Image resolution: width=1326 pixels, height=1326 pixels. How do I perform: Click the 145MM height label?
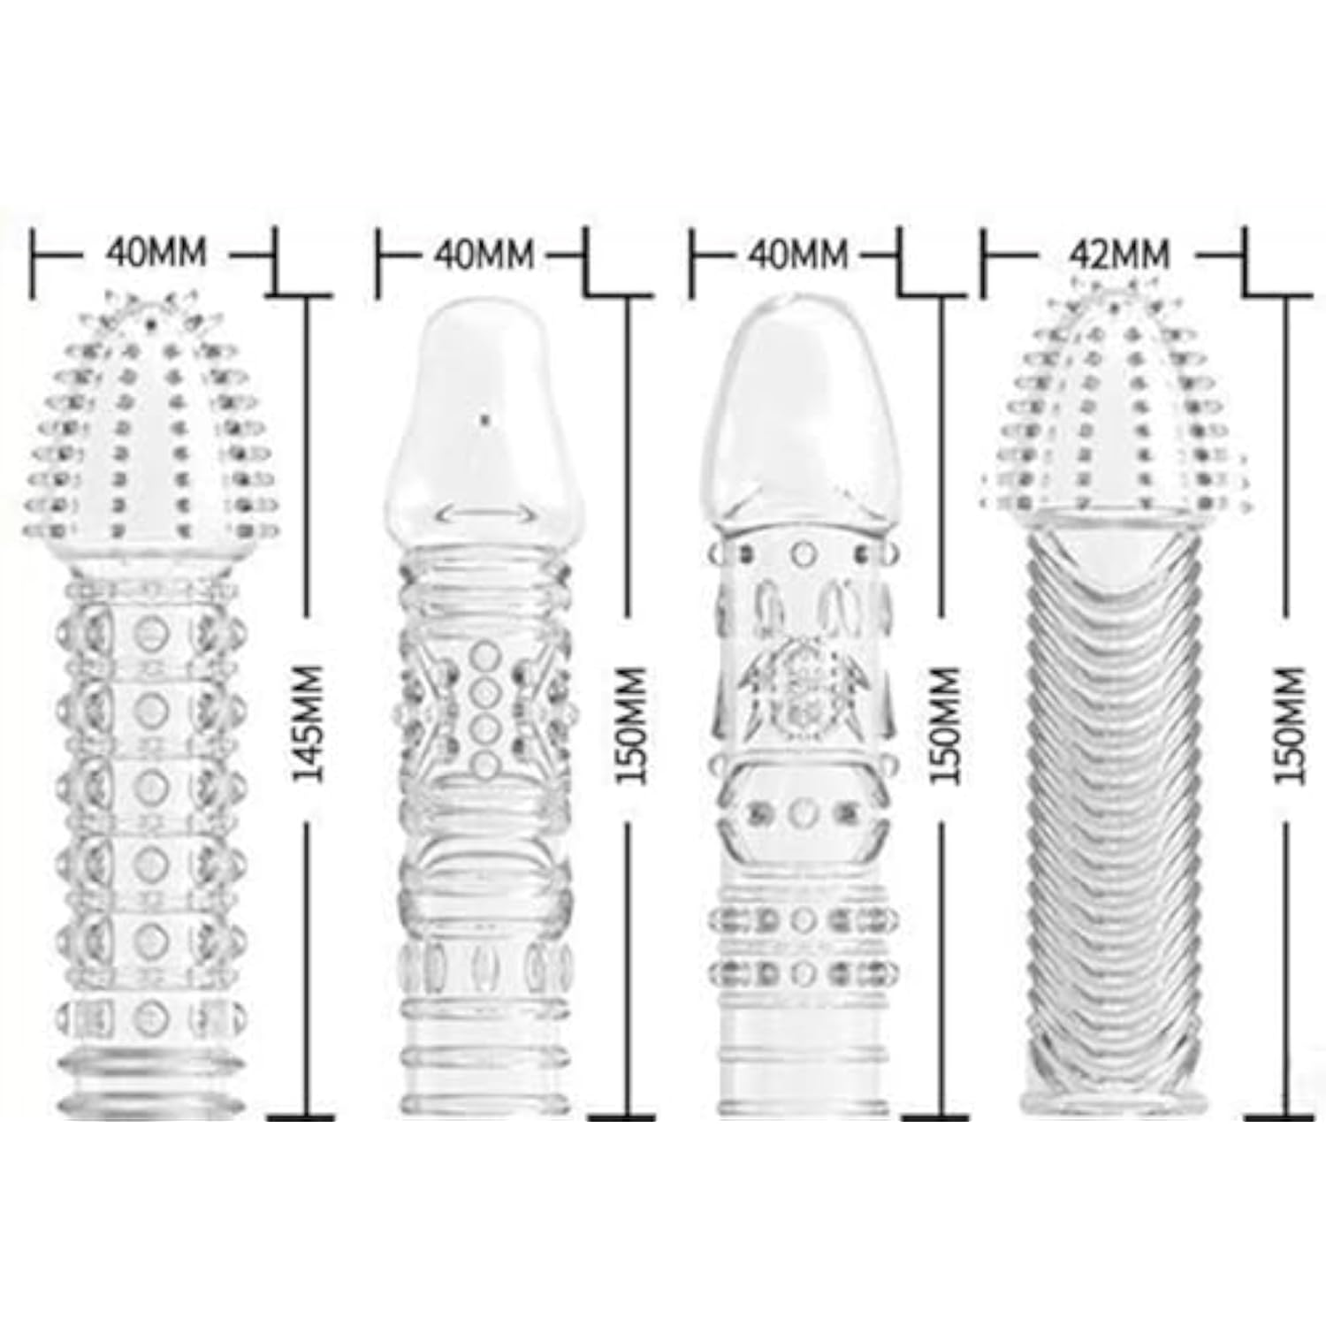click(309, 722)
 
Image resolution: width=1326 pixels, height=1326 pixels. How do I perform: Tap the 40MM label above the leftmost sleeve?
click(156, 253)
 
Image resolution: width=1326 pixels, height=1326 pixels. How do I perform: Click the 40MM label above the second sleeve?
click(484, 255)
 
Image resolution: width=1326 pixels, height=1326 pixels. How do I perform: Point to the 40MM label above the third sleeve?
click(797, 255)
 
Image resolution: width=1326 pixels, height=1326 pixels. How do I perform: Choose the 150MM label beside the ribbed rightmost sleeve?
click(1290, 724)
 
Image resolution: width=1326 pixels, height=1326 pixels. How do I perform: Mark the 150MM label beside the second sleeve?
click(632, 724)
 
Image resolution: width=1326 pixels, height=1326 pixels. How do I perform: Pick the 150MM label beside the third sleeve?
click(945, 724)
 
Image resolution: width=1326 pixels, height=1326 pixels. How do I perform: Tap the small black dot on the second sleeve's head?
click(484, 421)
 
